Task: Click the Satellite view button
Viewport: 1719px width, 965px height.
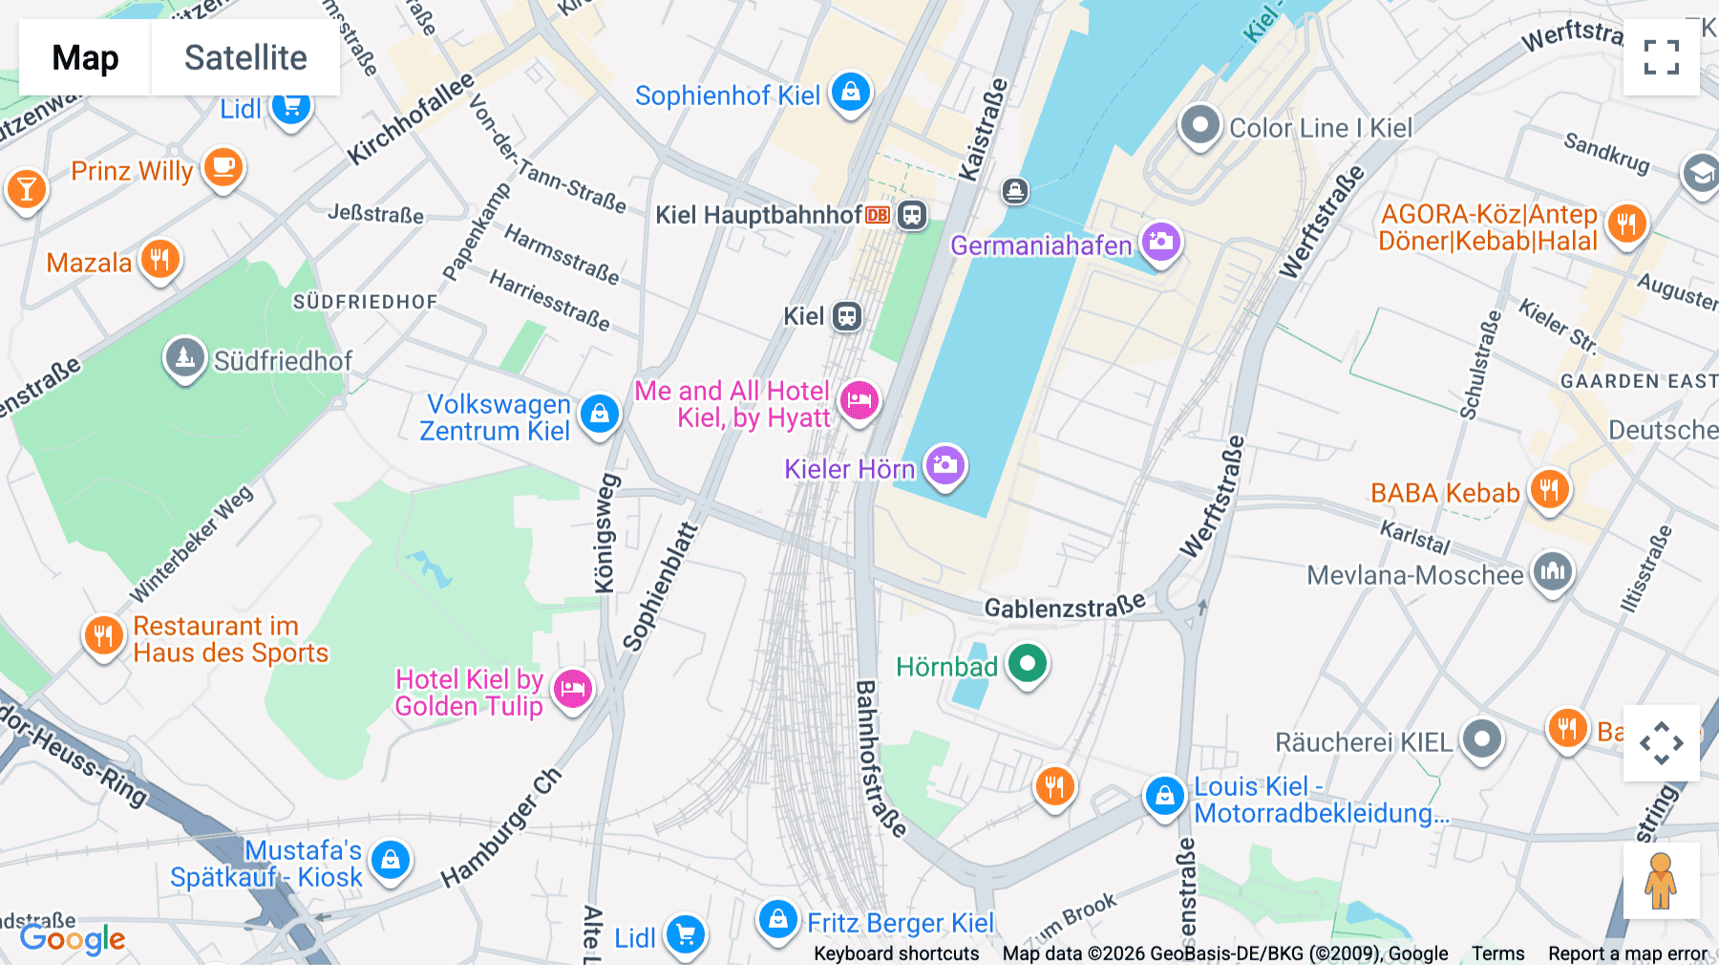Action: pyautogui.click(x=245, y=58)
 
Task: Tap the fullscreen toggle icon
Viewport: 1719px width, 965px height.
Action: pyautogui.click(x=1661, y=57)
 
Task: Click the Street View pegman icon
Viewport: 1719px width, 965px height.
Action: pyautogui.click(x=1661, y=881)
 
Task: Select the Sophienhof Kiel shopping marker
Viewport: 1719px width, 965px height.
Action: pyautogui.click(x=850, y=93)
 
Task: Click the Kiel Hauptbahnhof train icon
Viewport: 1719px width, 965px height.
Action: pyautogui.click(x=912, y=215)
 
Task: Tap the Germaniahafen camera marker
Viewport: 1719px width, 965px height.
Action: pyautogui.click(x=1160, y=243)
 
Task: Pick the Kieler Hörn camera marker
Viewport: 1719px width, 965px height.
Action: pyautogui.click(x=945, y=466)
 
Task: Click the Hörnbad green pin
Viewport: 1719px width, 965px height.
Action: pyautogui.click(x=1028, y=663)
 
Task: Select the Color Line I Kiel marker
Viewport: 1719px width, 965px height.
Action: pyautogui.click(x=1199, y=125)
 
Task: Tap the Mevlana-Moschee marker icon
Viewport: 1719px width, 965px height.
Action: pyautogui.click(x=1553, y=572)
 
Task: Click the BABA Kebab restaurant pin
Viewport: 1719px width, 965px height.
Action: pyautogui.click(x=1549, y=491)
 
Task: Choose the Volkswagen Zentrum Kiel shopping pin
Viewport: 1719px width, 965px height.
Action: pyautogui.click(x=600, y=415)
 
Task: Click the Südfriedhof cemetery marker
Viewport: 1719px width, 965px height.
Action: pyautogui.click(x=184, y=358)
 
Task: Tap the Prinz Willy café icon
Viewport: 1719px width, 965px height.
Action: pyautogui.click(x=223, y=168)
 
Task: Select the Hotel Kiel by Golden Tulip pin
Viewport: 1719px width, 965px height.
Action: pyautogui.click(x=573, y=689)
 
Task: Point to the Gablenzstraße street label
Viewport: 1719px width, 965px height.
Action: pyautogui.click(x=1064, y=608)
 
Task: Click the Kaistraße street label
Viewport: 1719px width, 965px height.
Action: pyautogui.click(x=984, y=130)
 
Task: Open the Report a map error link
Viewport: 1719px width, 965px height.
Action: pyautogui.click(x=1627, y=954)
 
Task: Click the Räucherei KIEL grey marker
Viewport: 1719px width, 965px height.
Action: pyautogui.click(x=1482, y=739)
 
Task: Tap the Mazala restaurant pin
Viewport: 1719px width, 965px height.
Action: pyautogui.click(x=159, y=259)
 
